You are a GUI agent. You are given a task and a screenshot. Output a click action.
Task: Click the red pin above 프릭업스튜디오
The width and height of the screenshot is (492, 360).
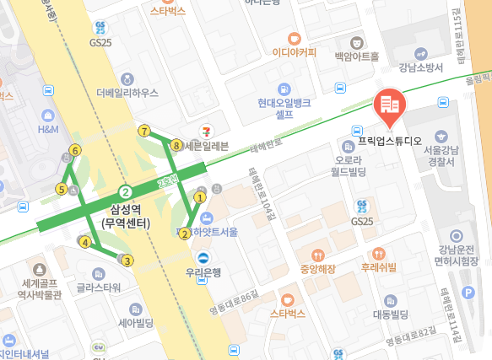click(x=389, y=105)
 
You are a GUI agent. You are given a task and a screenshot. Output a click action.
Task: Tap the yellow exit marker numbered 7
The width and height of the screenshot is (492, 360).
click(x=145, y=132)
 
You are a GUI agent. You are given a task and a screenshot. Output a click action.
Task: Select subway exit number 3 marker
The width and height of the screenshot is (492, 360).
click(x=127, y=261)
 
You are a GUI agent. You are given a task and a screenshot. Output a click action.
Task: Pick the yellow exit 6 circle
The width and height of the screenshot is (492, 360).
click(x=76, y=150)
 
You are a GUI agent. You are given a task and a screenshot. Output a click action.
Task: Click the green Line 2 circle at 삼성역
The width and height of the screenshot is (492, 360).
click(x=125, y=191)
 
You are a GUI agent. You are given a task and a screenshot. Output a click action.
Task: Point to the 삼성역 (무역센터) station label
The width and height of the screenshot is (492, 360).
click(x=125, y=217)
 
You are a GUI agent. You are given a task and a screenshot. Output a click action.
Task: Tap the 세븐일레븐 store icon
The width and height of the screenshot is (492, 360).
click(x=206, y=131)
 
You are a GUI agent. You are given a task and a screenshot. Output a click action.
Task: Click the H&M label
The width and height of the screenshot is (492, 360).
click(x=47, y=131)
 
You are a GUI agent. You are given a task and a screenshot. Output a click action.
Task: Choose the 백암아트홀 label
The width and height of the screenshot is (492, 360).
click(x=356, y=56)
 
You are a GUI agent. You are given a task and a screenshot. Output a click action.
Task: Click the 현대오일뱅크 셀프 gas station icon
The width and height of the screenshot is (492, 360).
click(x=286, y=89)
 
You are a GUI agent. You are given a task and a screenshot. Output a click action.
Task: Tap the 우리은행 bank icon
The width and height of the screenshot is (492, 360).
click(x=203, y=258)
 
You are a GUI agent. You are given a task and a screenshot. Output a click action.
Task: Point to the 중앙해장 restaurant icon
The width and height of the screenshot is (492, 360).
click(x=317, y=255)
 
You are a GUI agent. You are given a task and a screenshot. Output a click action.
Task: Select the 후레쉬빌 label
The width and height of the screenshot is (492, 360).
click(x=379, y=268)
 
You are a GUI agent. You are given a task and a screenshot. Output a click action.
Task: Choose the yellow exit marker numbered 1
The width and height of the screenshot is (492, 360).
click(x=200, y=197)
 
